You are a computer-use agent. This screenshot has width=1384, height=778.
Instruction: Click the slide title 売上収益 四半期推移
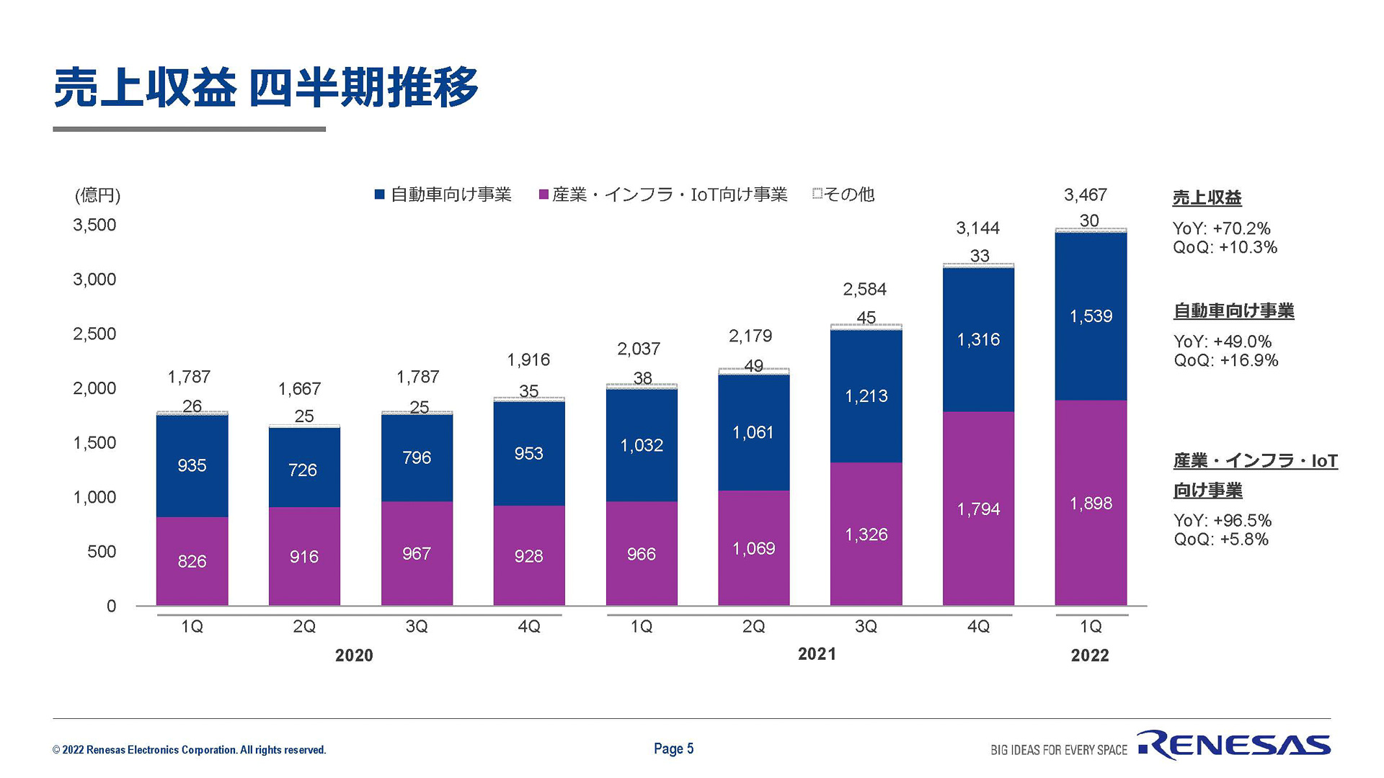tap(265, 88)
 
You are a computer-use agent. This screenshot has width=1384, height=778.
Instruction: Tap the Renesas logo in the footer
tap(1234, 746)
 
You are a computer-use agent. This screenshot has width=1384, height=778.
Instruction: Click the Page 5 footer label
tap(673, 748)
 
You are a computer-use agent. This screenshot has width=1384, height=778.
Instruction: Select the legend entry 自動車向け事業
tap(443, 194)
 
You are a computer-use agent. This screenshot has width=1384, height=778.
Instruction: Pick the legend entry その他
tap(843, 194)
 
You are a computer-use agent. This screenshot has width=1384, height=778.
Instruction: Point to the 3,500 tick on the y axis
tap(94, 225)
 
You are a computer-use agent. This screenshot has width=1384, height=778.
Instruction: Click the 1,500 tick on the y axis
tap(94, 443)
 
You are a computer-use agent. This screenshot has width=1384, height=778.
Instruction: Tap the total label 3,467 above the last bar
tap(1085, 194)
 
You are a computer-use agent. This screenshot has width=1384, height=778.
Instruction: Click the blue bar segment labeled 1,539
tap(1091, 316)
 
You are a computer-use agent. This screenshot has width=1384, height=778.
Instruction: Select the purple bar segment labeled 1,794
tap(978, 509)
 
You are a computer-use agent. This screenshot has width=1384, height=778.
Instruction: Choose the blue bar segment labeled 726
tap(303, 470)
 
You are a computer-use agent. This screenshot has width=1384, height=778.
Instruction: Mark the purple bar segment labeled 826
tap(192, 561)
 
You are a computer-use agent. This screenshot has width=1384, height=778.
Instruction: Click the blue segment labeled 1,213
tap(866, 395)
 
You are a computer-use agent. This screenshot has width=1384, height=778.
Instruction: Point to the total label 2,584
tap(864, 290)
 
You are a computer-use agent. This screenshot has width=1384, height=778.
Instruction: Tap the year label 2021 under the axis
tap(817, 654)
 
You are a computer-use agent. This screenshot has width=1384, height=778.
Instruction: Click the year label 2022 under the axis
tap(1089, 656)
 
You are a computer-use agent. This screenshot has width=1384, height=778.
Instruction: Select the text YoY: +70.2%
tap(1221, 229)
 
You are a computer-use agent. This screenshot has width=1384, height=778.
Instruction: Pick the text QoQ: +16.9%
tap(1225, 360)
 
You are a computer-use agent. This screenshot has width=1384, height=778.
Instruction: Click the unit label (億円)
tap(97, 195)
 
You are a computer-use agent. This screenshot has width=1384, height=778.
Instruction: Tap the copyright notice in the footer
tap(189, 750)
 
